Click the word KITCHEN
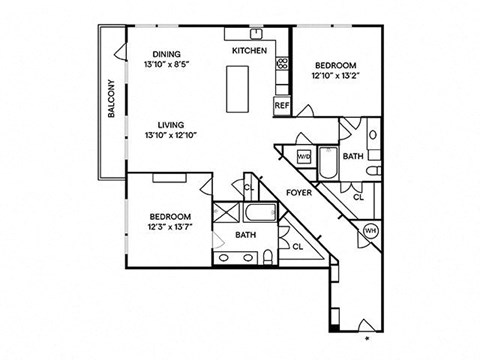coord(248,50)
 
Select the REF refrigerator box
coord(281,104)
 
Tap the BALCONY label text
coord(112,98)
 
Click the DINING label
coord(167,54)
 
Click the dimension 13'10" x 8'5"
coord(167,65)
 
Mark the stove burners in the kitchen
coord(282,67)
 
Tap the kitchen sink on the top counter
coord(257,33)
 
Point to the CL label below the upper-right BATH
coord(357,198)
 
